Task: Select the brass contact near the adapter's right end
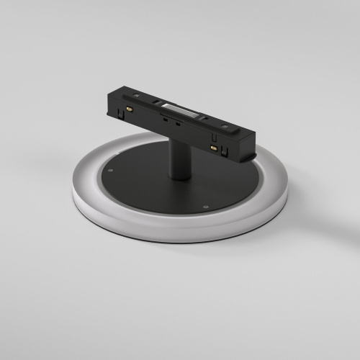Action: [214, 148]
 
